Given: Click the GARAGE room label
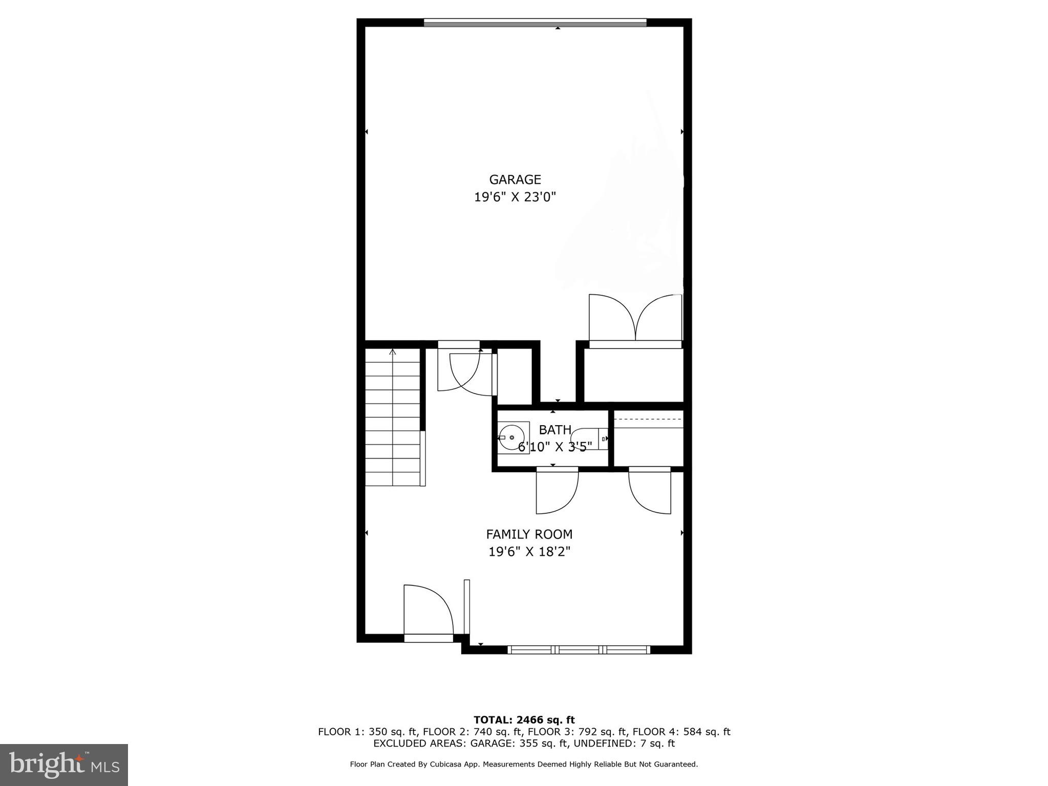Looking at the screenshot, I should tap(515, 180).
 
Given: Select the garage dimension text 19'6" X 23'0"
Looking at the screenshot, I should tap(515, 197).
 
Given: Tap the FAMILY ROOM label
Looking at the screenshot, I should tap(529, 534).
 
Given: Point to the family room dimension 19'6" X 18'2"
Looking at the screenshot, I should tap(529, 552).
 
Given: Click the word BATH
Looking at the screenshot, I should tap(555, 430).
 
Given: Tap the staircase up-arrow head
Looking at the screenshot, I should tap(393, 352).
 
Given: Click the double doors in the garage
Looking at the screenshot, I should tap(635, 318).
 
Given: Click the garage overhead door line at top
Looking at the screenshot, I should tap(535, 23).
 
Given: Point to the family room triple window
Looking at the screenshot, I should tap(579, 650).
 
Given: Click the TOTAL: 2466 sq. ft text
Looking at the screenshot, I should tap(524, 720).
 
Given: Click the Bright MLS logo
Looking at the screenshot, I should tap(64, 765).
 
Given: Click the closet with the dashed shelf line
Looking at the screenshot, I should tap(649, 439).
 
